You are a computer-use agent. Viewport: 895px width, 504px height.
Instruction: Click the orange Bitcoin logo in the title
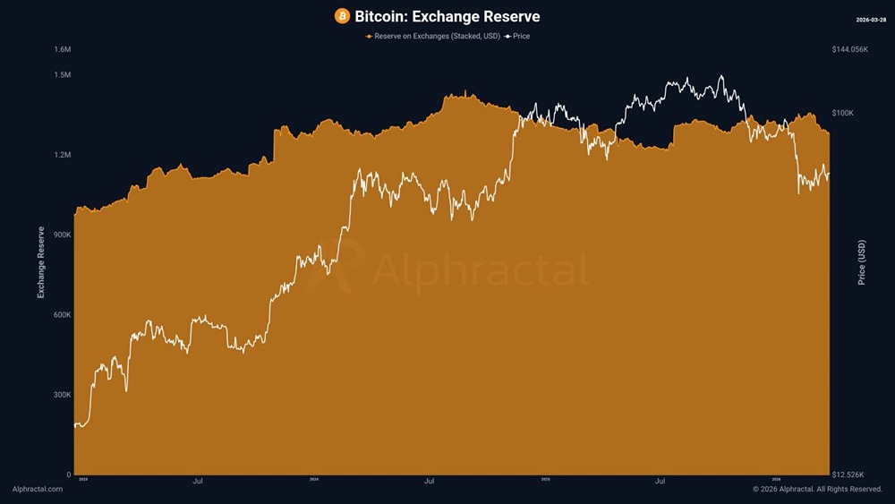(x=342, y=16)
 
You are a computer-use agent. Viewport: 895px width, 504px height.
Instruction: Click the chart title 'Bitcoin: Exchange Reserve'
(x=447, y=16)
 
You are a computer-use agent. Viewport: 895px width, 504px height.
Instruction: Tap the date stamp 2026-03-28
(x=871, y=19)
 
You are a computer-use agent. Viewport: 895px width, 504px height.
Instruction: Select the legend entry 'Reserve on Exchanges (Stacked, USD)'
(x=432, y=36)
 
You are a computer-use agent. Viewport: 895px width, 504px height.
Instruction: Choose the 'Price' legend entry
(x=518, y=36)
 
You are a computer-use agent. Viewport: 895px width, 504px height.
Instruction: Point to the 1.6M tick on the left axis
(x=63, y=49)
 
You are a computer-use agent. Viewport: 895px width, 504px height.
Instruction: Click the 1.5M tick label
(x=63, y=74)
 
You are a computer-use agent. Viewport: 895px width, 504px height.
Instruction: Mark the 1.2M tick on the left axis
(x=63, y=155)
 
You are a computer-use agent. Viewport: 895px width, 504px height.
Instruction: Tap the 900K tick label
(x=61, y=235)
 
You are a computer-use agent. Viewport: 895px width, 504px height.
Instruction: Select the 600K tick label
(x=61, y=315)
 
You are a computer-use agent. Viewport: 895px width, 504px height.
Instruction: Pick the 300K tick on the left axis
(x=61, y=395)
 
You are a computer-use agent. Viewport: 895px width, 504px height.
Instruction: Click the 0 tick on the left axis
(x=68, y=474)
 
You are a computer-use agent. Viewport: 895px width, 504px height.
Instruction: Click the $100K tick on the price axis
(x=843, y=113)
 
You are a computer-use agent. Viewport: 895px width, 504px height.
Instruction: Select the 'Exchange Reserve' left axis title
(x=41, y=262)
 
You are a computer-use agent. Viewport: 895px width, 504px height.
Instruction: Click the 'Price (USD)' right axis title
(x=862, y=262)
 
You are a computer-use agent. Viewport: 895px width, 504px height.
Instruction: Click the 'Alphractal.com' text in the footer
(x=38, y=489)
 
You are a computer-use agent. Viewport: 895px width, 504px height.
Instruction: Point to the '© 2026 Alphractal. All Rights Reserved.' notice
(x=817, y=489)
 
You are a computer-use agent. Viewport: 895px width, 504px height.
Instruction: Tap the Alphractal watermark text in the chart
(x=480, y=269)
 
